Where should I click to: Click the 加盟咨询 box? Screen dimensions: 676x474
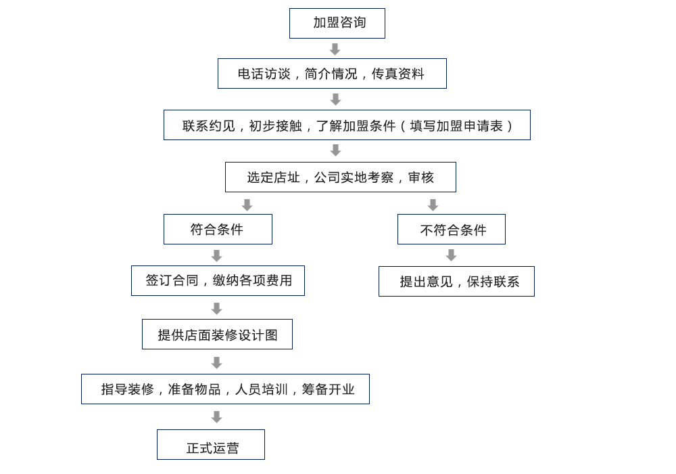click(x=337, y=23)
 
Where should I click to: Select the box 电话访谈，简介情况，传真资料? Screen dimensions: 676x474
click(x=332, y=73)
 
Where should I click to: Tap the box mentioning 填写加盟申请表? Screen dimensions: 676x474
click(x=347, y=125)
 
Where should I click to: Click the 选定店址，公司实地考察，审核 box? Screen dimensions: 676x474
click(x=341, y=177)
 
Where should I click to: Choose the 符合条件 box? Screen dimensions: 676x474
click(x=218, y=230)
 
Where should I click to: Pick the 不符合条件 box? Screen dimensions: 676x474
click(x=452, y=230)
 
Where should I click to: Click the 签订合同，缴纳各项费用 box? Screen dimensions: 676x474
click(x=218, y=280)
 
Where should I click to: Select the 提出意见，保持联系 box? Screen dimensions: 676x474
click(x=456, y=282)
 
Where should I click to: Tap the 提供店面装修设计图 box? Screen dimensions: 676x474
click(x=217, y=334)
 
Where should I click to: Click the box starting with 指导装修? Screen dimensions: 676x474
click(x=226, y=389)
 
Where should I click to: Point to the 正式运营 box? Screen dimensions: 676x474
click(x=211, y=445)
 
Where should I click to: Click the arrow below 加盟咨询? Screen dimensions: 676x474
click(x=335, y=49)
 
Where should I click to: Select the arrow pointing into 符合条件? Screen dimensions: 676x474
click(x=247, y=204)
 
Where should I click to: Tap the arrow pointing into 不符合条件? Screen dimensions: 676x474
click(x=433, y=204)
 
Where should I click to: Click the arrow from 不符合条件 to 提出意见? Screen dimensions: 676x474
click(x=451, y=255)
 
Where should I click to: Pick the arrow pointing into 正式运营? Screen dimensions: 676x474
click(x=216, y=417)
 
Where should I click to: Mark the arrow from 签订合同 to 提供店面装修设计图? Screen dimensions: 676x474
click(x=216, y=309)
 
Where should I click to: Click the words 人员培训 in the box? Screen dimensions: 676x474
click(x=261, y=389)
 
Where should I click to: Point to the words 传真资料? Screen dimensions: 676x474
click(x=398, y=74)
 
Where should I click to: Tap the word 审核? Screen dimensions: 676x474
click(x=420, y=177)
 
